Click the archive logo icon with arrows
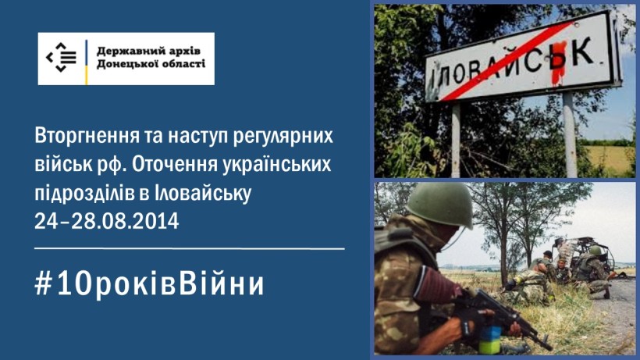(x=61, y=58)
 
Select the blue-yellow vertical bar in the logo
(x=86, y=62)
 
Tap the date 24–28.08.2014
(x=107, y=222)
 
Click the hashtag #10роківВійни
(x=149, y=283)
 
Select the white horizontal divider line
(x=190, y=248)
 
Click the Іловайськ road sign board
(x=523, y=57)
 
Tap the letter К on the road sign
(x=582, y=52)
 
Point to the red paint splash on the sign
(x=557, y=62)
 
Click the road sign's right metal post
(x=571, y=134)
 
